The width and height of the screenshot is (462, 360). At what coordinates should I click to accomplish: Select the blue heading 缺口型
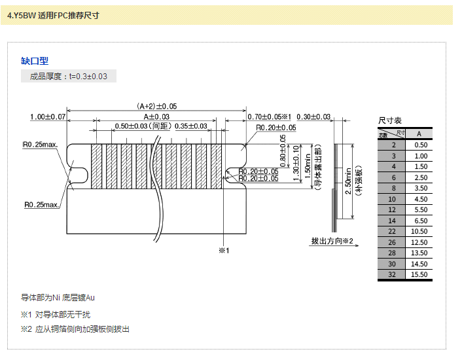(35, 61)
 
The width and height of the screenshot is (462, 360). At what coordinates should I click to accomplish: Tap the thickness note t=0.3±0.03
(69, 77)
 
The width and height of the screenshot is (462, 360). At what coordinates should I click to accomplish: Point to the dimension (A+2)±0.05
(157, 106)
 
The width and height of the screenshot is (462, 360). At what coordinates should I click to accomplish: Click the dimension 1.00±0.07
(48, 117)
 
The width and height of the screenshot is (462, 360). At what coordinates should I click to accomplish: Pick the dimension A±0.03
(156, 116)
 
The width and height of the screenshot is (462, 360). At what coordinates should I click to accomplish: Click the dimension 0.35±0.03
(191, 126)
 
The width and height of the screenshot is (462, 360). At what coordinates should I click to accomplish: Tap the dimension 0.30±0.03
(313, 117)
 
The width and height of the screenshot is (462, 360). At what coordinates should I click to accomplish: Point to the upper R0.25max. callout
(41, 144)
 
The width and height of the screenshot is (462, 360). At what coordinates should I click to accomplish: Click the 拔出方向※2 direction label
(332, 242)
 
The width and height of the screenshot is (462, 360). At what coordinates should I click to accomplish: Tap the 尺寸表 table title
(390, 121)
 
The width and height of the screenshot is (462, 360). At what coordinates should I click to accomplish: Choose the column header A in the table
(419, 134)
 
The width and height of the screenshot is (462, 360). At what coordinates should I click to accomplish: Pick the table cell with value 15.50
(419, 274)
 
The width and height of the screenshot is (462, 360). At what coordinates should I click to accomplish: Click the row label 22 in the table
(393, 232)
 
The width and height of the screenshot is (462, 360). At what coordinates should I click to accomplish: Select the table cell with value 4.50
(419, 199)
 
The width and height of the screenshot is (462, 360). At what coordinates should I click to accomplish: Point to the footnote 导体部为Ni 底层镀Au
(58, 298)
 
